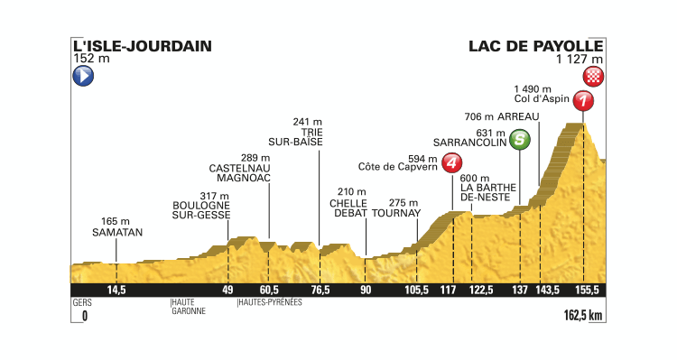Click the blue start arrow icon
tap(83, 77)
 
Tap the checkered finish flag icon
tap(593, 76)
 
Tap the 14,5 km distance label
tap(115, 290)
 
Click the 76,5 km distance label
tap(319, 290)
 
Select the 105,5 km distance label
tap(416, 290)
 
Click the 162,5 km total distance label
tap(580, 317)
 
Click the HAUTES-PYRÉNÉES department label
tap(269, 302)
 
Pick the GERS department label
tap(81, 302)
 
